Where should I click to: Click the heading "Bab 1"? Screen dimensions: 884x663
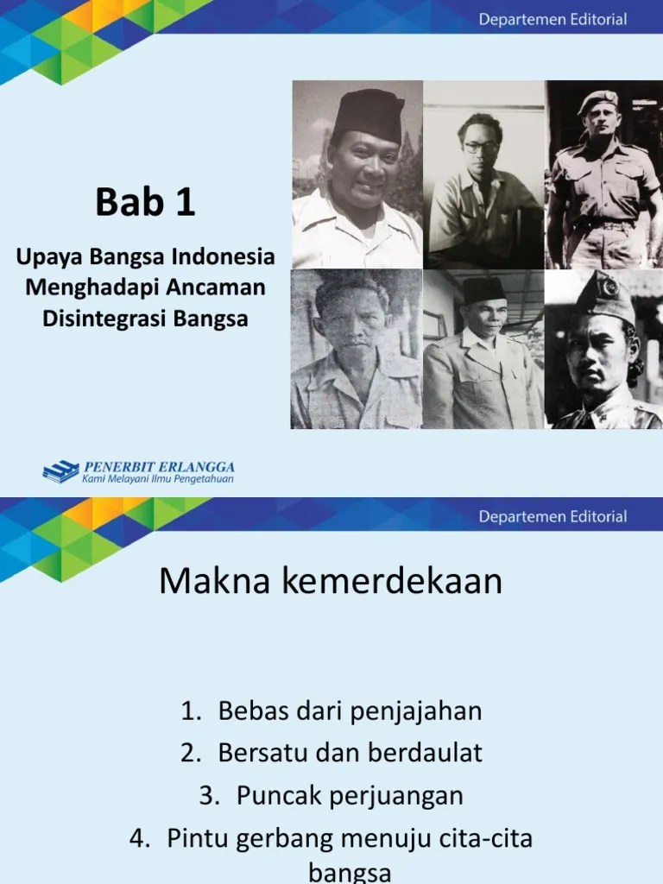pos(145,204)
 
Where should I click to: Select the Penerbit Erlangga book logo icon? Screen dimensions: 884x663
pos(60,471)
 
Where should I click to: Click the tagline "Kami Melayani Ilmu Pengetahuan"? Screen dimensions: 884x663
pos(158,478)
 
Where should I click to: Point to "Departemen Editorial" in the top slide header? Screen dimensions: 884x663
pos(553,20)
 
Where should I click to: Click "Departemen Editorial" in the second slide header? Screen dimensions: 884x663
pos(553,517)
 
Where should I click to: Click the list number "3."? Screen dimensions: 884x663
pos(210,794)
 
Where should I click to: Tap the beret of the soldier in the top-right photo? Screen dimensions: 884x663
pos(598,102)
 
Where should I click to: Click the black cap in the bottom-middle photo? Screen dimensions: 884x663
pos(483,291)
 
